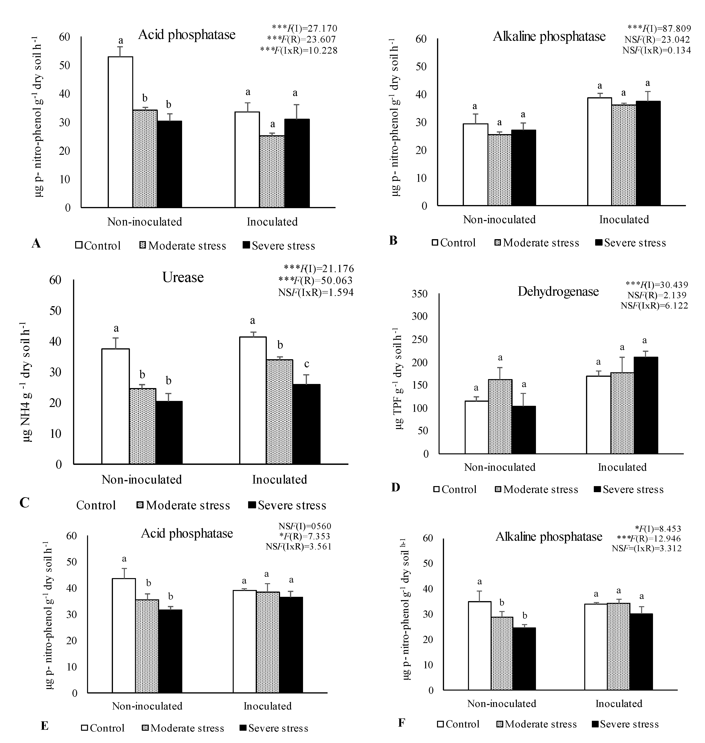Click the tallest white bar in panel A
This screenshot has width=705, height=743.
pyautogui.click(x=120, y=132)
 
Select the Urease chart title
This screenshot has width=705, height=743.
pyautogui.click(x=183, y=278)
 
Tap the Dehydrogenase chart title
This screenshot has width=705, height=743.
pyautogui.click(x=558, y=291)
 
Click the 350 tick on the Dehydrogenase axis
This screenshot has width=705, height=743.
pyautogui.click(x=420, y=294)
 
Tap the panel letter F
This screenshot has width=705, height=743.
pyautogui.click(x=401, y=723)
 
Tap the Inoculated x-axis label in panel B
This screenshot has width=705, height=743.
pyautogui.click(x=624, y=220)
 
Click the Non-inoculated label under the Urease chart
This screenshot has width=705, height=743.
pyautogui.click(x=142, y=479)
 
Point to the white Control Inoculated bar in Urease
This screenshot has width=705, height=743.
pyautogui.click(x=253, y=401)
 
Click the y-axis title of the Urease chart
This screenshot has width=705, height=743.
pyautogui.click(x=27, y=382)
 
